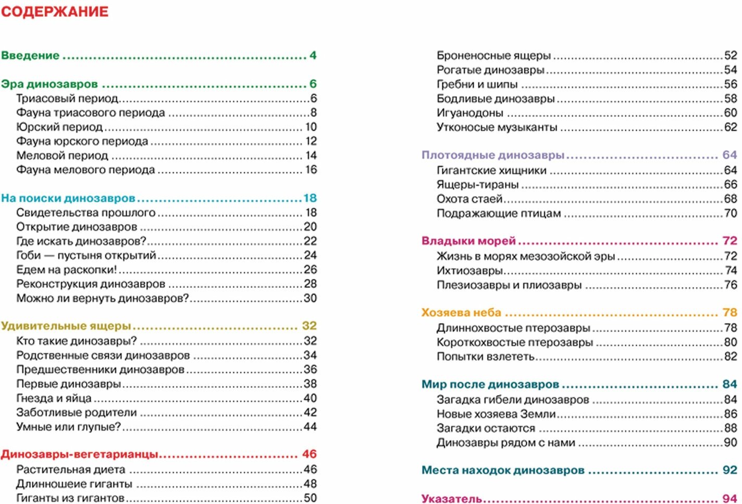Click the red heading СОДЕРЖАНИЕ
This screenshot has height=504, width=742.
[55, 11]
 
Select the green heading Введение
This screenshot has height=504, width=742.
[30, 56]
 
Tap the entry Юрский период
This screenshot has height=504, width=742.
[59, 127]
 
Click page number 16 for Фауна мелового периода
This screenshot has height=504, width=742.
[311, 170]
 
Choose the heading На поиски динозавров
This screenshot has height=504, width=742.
[68, 198]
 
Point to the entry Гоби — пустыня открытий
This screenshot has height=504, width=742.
[86, 256]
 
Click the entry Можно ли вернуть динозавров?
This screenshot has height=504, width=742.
[102, 298]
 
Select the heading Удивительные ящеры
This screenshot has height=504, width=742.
[66, 326]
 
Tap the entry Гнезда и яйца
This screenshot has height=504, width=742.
[54, 398]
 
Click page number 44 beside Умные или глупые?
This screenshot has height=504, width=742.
[310, 427]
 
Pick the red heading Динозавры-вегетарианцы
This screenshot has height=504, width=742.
[79, 455]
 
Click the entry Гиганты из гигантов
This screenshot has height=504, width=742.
[70, 498]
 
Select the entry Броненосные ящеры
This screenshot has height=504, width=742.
[493, 56]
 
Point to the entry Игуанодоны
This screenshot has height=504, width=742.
[469, 113]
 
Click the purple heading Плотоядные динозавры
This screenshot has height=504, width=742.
[493, 155]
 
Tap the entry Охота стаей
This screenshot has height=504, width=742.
[469, 199]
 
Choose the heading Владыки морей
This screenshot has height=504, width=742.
[468, 241]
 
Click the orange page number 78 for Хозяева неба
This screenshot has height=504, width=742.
[729, 313]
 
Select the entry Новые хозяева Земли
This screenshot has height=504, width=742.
[496, 414]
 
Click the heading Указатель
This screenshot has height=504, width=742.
[451, 499]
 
